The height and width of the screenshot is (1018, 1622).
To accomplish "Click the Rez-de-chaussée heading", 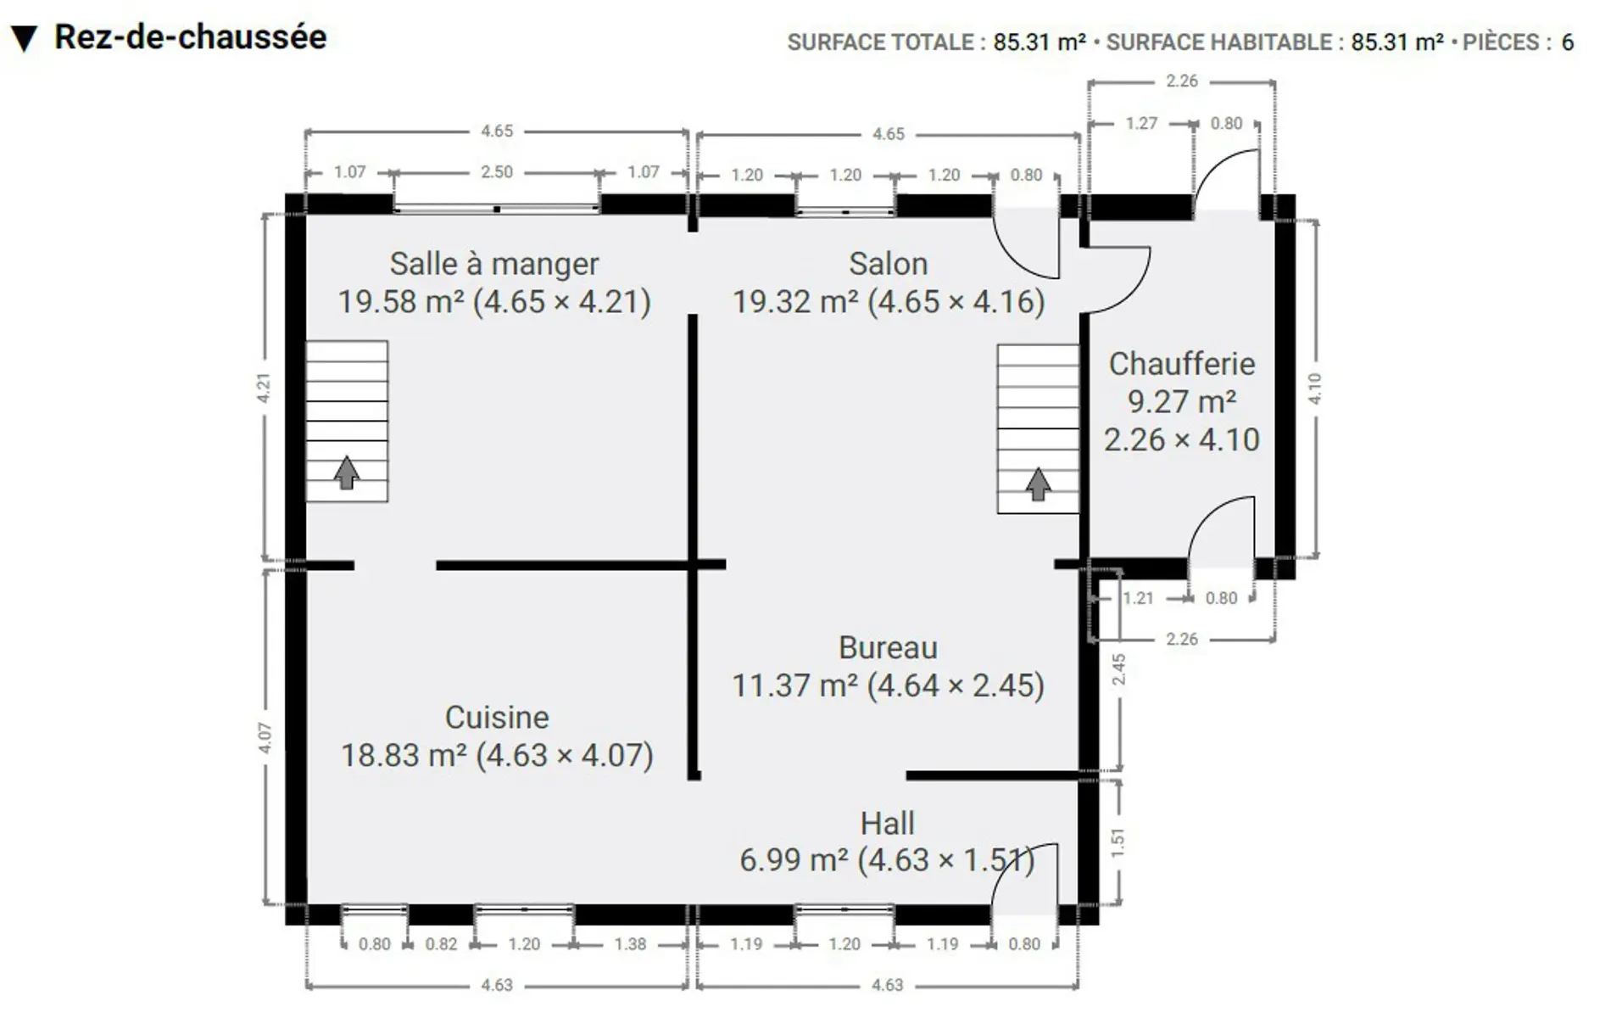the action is [x=190, y=37].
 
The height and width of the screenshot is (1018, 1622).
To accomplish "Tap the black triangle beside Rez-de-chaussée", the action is [x=24, y=39].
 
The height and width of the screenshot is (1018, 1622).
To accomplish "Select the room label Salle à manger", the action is [x=494, y=264].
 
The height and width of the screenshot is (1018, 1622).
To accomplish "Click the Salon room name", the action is [x=888, y=264].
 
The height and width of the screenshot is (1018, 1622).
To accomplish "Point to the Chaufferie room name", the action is [x=1181, y=364].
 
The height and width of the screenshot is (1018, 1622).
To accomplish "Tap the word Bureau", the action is [x=888, y=647].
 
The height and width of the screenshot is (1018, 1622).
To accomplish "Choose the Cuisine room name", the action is [x=497, y=718].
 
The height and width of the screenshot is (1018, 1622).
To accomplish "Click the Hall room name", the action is [x=887, y=823].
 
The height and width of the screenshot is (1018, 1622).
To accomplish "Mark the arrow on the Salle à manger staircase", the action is [x=346, y=473].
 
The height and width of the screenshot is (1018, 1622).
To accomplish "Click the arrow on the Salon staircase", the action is [x=1038, y=484].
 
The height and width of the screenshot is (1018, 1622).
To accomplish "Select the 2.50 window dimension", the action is [x=497, y=172].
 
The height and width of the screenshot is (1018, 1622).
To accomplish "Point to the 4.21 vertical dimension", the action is [x=265, y=388].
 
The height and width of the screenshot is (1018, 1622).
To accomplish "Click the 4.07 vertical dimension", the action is [x=265, y=738].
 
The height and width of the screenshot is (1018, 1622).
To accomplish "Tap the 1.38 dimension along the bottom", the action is [x=630, y=944].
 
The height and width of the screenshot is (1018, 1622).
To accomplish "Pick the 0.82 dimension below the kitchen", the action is [x=441, y=944].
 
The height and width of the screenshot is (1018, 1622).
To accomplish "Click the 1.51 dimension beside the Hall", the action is [x=1118, y=842].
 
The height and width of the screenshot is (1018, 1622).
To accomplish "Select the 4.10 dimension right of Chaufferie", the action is [x=1315, y=389].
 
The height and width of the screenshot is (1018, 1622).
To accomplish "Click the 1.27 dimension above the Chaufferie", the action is [x=1141, y=124].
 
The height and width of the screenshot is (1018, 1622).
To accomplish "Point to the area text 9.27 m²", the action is [x=1181, y=401].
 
